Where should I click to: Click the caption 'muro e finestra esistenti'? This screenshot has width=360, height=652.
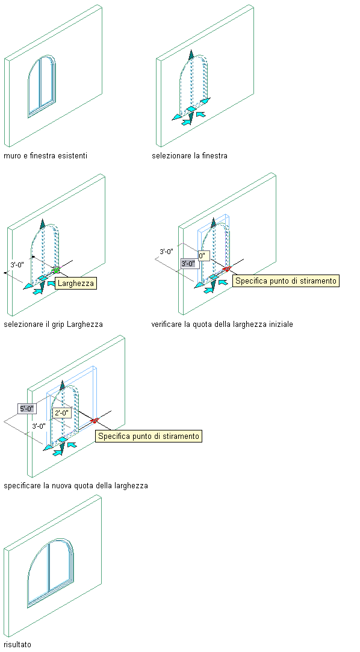(45, 156)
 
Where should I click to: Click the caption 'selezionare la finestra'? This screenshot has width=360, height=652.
(190, 156)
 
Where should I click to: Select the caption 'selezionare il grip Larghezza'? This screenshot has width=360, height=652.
(53, 324)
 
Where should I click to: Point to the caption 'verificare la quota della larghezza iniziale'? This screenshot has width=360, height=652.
(222, 324)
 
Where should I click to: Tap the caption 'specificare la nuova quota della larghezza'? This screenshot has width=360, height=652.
(76, 485)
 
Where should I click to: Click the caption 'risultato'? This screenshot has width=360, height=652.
(17, 645)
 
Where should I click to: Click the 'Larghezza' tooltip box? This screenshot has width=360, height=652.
(76, 284)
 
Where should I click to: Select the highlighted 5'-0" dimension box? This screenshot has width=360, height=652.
(27, 409)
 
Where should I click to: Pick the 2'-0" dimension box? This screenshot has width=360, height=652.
(63, 414)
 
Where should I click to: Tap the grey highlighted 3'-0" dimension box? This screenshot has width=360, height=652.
(188, 264)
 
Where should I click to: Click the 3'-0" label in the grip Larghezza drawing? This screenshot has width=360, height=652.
(17, 264)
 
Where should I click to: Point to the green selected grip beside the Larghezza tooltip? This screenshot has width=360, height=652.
(56, 270)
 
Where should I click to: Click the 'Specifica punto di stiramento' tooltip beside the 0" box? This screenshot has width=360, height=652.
(285, 281)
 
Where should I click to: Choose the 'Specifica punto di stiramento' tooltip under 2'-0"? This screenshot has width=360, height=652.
(149, 436)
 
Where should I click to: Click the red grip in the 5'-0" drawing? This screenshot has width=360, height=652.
(94, 420)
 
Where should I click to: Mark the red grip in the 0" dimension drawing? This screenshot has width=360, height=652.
(226, 269)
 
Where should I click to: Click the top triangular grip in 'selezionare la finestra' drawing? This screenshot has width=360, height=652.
(191, 55)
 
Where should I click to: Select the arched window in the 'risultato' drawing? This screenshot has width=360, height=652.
(51, 573)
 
